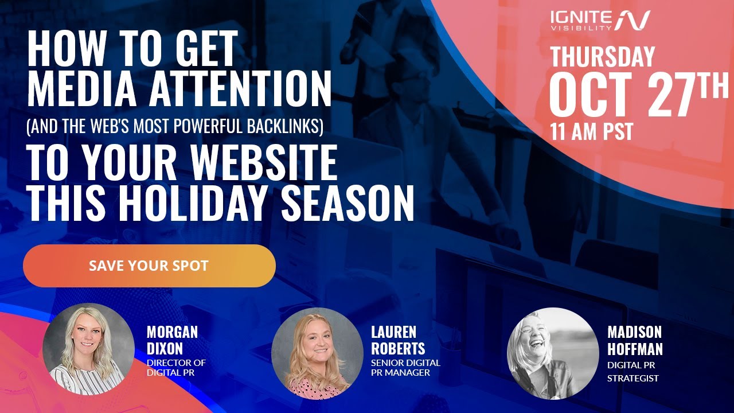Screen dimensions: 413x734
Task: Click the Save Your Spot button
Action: pyautogui.click(x=149, y=266)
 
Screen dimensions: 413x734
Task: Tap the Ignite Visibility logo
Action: pyautogui.click(x=600, y=20)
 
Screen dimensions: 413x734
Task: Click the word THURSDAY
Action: pyautogui.click(x=602, y=57)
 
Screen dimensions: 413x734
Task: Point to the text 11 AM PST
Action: pyautogui.click(x=591, y=132)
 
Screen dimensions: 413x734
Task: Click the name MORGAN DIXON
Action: pyautogui.click(x=172, y=340)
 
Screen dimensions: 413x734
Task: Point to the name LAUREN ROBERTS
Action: pyautogui.click(x=398, y=340)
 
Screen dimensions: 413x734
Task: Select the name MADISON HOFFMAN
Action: pyautogui.click(x=635, y=340)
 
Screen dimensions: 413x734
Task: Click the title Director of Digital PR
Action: pyautogui.click(x=176, y=368)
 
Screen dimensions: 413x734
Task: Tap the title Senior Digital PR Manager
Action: pyautogui.click(x=405, y=368)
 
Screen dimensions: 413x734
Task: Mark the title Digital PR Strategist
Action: pyautogui.click(x=633, y=371)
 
